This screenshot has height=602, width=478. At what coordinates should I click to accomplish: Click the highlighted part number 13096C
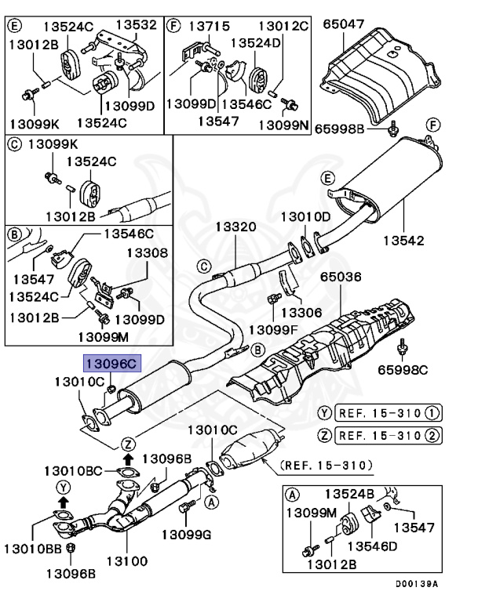click(111, 363)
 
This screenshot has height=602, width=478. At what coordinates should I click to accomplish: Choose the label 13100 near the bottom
click(127, 561)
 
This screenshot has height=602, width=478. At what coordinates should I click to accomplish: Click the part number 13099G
click(187, 535)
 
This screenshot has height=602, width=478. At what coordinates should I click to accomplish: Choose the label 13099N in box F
click(284, 125)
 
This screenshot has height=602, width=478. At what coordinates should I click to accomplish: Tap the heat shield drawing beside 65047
click(377, 74)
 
